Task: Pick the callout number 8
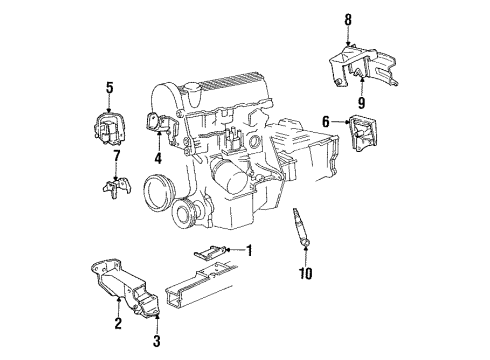[348, 17]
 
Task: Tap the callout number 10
[306, 272]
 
